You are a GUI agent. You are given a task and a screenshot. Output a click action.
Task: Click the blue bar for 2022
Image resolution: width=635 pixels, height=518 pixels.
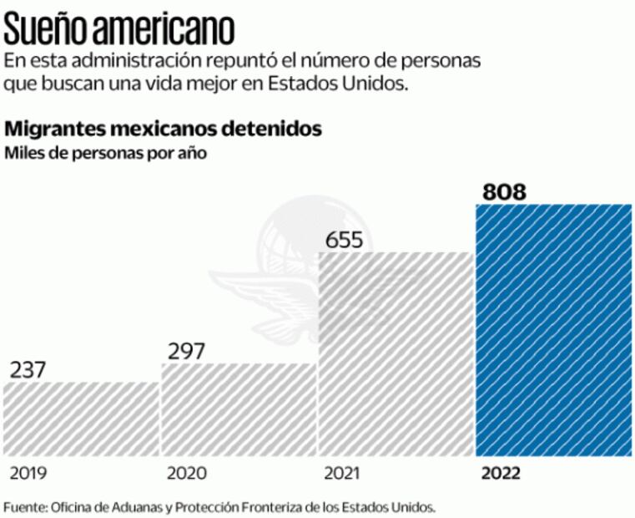552,330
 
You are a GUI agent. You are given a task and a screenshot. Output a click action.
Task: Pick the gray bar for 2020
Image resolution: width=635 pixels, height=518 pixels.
239,409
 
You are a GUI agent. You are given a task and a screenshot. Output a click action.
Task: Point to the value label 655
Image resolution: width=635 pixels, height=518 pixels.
344,241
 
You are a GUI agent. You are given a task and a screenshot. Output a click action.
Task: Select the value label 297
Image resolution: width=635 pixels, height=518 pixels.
186,352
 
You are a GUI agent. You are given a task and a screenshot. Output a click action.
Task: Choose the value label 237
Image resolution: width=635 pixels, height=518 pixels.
29,370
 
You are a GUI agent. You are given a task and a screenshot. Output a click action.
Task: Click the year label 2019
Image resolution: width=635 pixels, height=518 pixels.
28,474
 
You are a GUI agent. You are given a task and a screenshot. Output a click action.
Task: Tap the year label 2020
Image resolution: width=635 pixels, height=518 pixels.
187,474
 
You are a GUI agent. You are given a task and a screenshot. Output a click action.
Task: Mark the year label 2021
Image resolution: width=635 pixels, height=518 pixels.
343,474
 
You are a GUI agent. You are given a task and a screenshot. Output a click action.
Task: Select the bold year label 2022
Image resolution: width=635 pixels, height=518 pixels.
501,474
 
